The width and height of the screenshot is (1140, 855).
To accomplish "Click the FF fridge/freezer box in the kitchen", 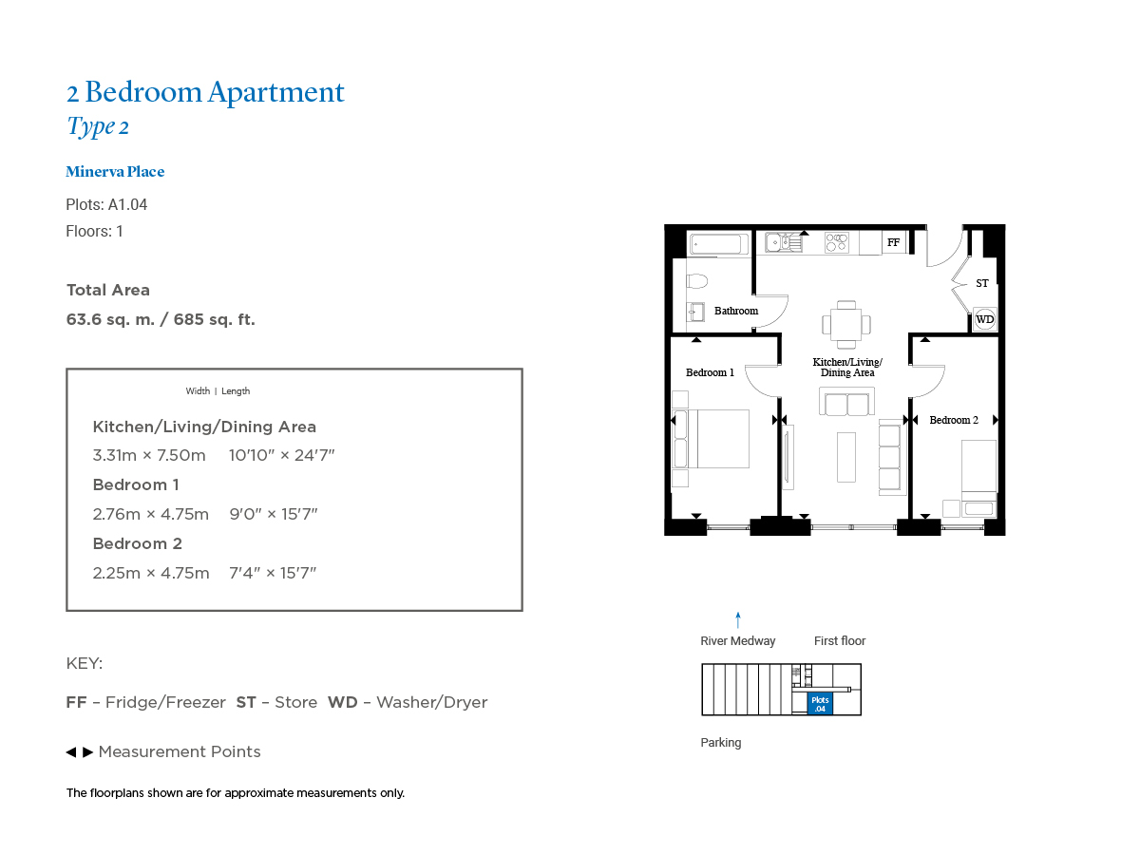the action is tap(893, 242).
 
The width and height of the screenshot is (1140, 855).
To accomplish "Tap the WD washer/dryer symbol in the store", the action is tap(984, 319).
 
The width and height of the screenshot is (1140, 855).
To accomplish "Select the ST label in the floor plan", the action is tap(981, 283).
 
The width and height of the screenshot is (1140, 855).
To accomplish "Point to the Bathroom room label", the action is tap(736, 311).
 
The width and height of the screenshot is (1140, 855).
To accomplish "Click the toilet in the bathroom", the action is tap(696, 281).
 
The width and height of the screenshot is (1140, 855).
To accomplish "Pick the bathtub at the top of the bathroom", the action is tap(718, 244).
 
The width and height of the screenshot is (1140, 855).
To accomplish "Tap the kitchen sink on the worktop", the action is tap(784, 242).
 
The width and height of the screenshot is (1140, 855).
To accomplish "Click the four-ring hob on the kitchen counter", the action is tap(837, 242).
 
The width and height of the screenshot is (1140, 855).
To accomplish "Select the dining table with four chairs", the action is tap(846, 325).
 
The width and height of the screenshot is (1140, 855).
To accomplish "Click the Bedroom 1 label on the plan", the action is tap(710, 372).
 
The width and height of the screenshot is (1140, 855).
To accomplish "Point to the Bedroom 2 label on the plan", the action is tap(954, 420).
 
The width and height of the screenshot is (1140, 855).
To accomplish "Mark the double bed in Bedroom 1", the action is tap(711, 439).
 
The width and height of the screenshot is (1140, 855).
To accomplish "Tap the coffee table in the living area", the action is tap(846, 457).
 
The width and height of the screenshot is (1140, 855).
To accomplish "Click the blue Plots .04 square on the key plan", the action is tap(820, 704).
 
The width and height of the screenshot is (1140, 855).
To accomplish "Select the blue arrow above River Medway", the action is tap(737, 619).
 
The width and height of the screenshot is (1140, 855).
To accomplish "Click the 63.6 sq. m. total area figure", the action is tap(110, 320).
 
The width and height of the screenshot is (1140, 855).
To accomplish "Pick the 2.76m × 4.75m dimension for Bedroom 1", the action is tap(151, 515).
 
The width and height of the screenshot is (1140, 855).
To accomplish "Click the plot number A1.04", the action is tap(127, 204).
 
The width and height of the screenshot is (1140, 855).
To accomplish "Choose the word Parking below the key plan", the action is tap(721, 743).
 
